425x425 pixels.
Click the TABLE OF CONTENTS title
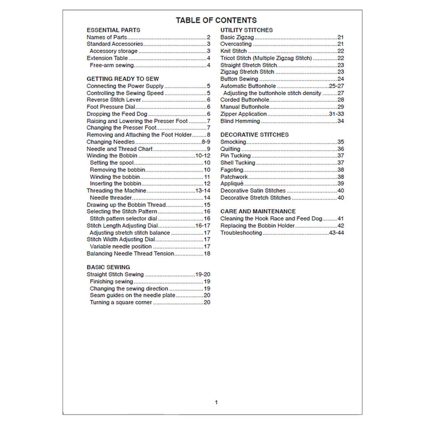pyautogui.click(x=216, y=20)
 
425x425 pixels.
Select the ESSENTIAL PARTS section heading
pyautogui.click(x=113, y=30)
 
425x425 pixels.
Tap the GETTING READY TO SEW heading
pyautogui.click(x=122, y=79)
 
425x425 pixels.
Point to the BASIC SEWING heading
pyautogui.click(x=108, y=267)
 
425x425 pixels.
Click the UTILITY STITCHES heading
pyautogui.click(x=246, y=30)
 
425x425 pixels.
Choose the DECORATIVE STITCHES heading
pyautogui.click(x=254, y=135)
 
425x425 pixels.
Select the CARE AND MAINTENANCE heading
pyautogui.click(x=258, y=211)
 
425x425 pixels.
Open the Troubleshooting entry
pyautogui.click(x=241, y=233)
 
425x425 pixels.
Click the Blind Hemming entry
pyautogui.click(x=240, y=121)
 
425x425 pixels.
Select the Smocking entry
pyautogui.click(x=233, y=142)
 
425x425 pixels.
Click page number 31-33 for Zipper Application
pyautogui.click(x=336, y=114)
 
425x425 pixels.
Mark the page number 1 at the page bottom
pyautogui.click(x=216, y=402)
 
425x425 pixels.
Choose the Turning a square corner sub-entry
pyautogui.click(x=121, y=303)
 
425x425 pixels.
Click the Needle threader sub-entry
pyautogui.click(x=111, y=198)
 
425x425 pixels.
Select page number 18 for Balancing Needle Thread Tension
pyautogui.click(x=207, y=254)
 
